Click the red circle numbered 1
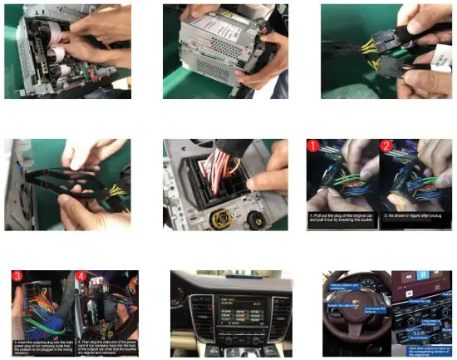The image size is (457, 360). [x=314, y=147]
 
